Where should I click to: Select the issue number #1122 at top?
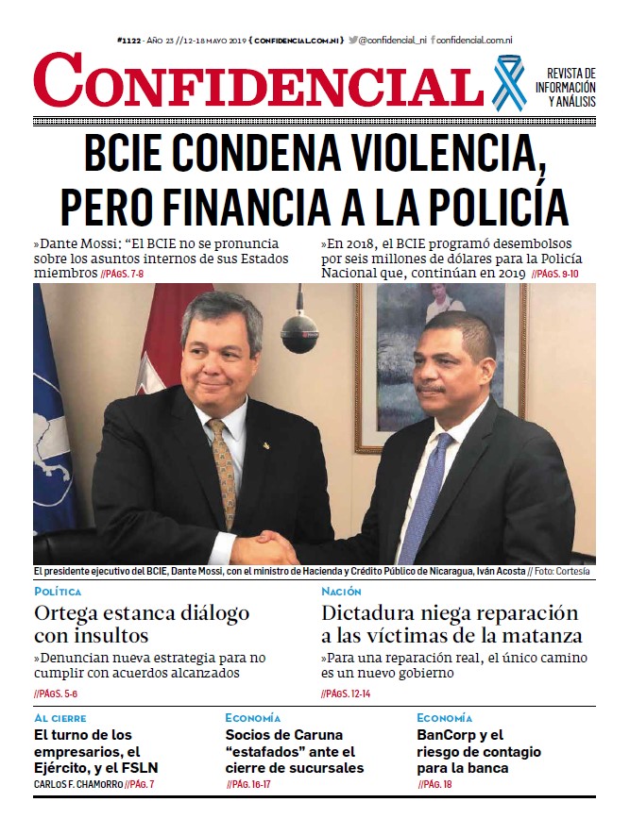(x=129, y=41)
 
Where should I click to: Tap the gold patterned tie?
(x=223, y=472)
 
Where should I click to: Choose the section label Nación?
(x=342, y=592)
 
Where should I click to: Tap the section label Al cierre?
(x=60, y=718)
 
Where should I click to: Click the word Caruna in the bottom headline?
(x=311, y=735)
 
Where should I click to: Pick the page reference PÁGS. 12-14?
(x=348, y=694)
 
